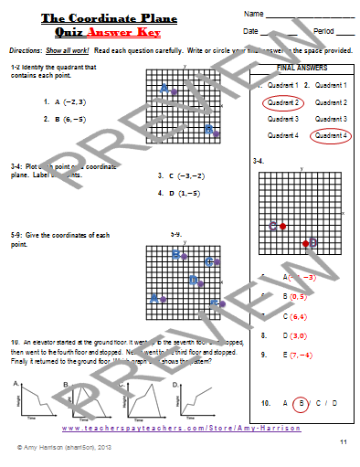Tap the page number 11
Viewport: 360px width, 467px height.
point(344,441)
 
